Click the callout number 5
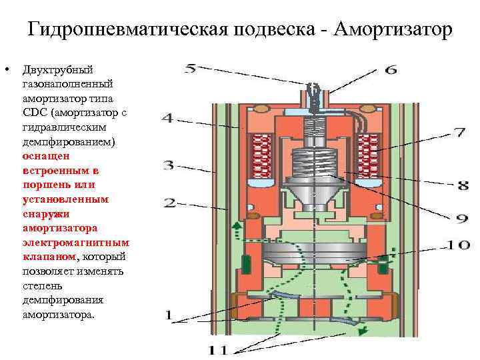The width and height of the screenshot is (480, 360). (191, 67)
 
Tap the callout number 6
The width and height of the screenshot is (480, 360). (391, 69)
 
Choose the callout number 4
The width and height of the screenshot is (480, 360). (168, 119)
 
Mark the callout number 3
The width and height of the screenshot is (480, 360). (170, 164)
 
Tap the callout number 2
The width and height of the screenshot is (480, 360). (170, 202)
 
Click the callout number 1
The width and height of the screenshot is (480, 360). (169, 315)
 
